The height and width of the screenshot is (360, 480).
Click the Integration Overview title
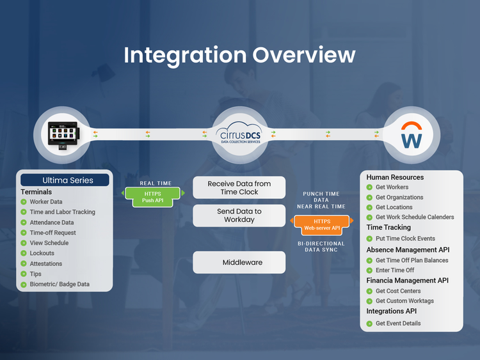(239, 55)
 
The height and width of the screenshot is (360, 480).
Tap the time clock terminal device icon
(63, 134)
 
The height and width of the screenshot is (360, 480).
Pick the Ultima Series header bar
(64, 180)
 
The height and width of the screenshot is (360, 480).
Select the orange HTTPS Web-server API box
(321, 224)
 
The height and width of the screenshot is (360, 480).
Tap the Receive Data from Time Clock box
(239, 188)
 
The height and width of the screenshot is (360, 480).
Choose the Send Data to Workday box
(239, 215)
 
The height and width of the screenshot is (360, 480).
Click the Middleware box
(239, 262)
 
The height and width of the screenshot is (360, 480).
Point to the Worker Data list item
(46, 202)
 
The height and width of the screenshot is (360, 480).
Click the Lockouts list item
(42, 253)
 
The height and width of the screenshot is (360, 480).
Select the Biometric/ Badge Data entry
(60, 285)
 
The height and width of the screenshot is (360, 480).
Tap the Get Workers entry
(392, 187)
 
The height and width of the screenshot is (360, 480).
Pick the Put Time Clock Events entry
(405, 239)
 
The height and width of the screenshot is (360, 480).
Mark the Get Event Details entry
(398, 324)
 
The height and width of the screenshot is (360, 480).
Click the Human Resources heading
(395, 177)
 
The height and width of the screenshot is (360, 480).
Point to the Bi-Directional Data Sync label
(321, 247)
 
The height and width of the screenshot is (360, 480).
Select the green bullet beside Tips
(24, 274)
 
